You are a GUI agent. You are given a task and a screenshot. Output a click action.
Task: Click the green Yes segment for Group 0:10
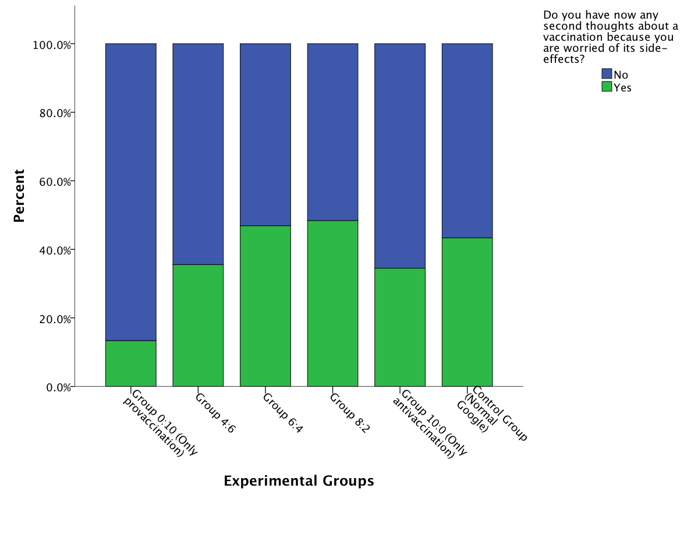click(130, 363)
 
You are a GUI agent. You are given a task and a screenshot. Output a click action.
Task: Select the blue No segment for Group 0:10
click(130, 192)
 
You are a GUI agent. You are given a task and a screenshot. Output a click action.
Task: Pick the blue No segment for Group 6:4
click(265, 135)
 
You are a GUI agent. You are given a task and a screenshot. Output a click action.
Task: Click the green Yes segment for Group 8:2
click(332, 303)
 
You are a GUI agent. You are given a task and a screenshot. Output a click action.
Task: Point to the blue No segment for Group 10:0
click(400, 156)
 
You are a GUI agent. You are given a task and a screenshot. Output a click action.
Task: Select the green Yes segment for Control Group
click(467, 312)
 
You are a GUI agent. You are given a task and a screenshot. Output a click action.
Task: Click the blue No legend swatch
click(607, 74)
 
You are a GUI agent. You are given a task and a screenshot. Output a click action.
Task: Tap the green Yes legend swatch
click(607, 87)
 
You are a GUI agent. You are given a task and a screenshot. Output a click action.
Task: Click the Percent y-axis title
click(19, 196)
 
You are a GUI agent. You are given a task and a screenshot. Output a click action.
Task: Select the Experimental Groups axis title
click(299, 481)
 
